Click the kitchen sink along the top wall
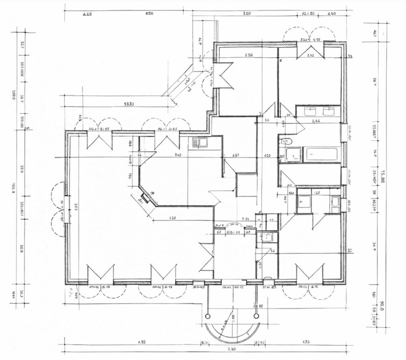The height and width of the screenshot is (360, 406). click(199, 142)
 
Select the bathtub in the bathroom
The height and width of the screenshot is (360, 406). click(322, 155)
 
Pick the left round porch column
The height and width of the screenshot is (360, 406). click(207, 315)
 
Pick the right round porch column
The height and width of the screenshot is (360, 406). click(256, 315)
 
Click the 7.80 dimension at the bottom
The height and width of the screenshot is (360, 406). click(231, 349)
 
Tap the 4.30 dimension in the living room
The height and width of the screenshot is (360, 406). click(172, 218)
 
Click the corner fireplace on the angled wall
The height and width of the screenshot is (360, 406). click(145, 198)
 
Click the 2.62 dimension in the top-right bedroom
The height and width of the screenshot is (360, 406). click(311, 55)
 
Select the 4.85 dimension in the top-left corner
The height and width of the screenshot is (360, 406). click(87, 13)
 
